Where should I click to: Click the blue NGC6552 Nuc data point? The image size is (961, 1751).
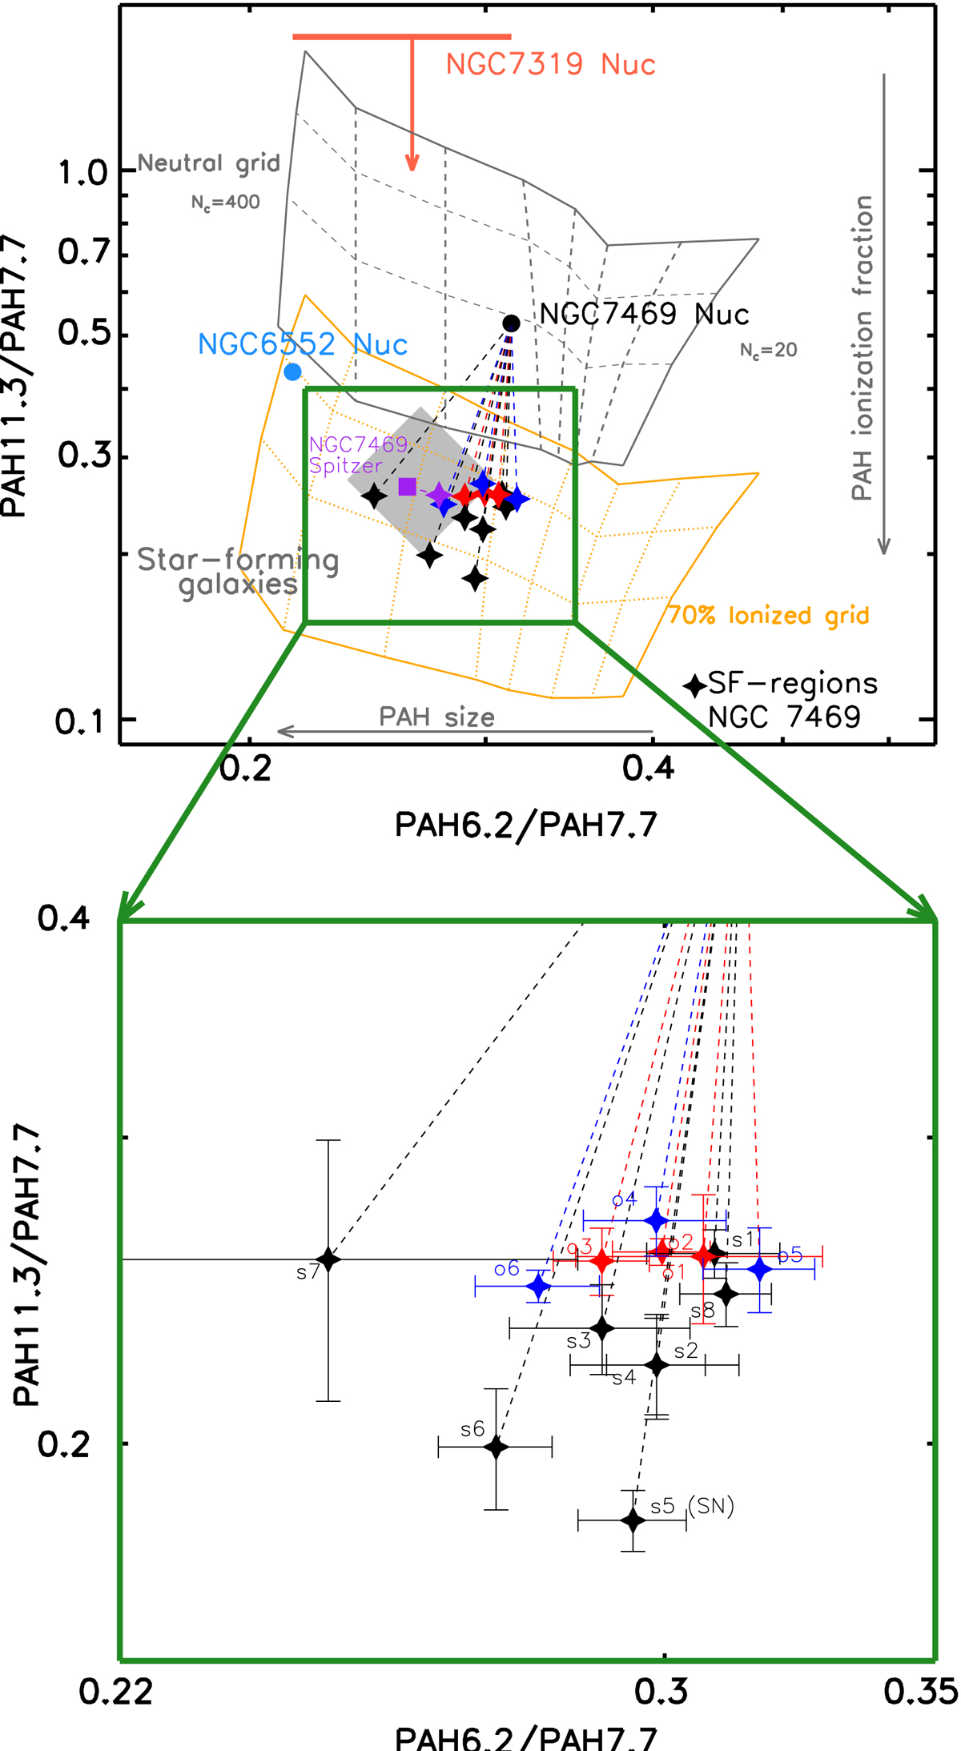(x=293, y=371)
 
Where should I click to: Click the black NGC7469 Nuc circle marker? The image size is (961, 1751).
(x=511, y=323)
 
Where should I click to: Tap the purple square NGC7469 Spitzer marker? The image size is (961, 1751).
(x=407, y=486)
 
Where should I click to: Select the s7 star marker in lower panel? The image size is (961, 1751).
(x=328, y=1259)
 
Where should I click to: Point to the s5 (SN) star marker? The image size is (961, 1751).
(x=633, y=1519)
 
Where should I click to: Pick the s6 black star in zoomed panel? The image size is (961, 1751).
(x=497, y=1447)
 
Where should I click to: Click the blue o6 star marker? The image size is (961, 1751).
(x=539, y=1287)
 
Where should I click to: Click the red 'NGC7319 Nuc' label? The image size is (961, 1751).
(x=551, y=64)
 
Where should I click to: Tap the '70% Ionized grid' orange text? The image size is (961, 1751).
(x=769, y=615)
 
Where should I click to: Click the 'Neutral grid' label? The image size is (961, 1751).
(x=209, y=163)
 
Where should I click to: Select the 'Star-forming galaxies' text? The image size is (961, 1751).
(x=238, y=572)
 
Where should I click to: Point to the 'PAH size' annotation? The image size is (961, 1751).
(x=436, y=717)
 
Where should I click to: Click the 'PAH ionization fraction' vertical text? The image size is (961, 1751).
(x=862, y=348)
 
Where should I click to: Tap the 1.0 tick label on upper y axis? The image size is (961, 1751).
(x=82, y=172)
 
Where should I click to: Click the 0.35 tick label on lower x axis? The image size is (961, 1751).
(x=921, y=1691)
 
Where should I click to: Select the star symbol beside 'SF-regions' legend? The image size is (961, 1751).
(x=694, y=685)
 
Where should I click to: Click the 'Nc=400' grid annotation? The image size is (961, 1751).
(x=225, y=203)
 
